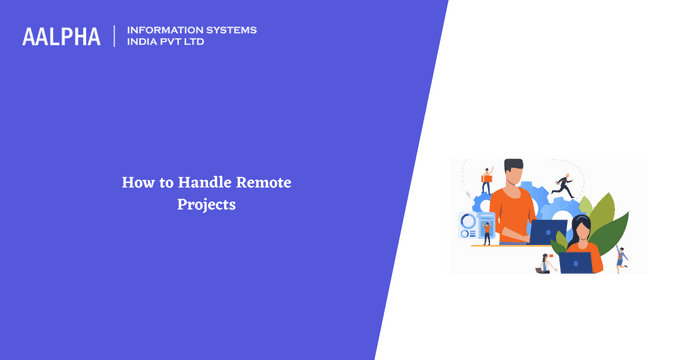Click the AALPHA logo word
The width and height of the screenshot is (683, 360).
pos(61,37)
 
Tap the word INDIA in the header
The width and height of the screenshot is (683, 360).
pos(143,43)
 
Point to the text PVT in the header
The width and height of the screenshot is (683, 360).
pos(175,43)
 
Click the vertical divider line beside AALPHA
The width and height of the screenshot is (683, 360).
pos(115,36)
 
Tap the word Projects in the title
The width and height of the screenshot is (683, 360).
pos(206,204)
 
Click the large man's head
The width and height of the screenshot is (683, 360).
pos(513,171)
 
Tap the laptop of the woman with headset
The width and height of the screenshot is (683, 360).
pos(576,261)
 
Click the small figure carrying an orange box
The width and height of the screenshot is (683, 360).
pos(487,179)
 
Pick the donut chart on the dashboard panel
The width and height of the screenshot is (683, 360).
pos(467,221)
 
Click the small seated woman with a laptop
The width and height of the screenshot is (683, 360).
pos(546,263)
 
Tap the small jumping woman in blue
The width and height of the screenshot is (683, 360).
pos(621,258)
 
